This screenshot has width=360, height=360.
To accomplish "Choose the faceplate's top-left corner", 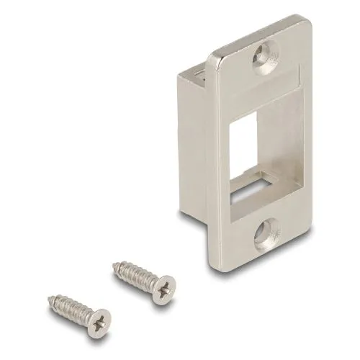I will [x=210, y=58].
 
